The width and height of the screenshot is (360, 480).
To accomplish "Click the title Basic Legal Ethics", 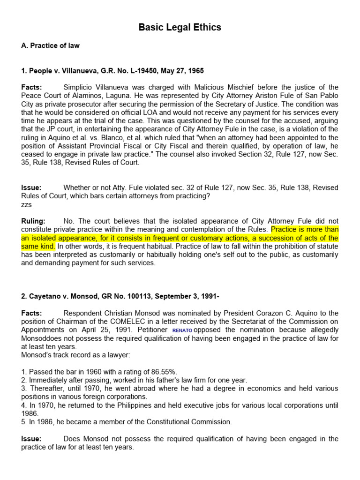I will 180,28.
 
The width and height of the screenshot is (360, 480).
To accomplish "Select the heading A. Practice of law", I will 50,45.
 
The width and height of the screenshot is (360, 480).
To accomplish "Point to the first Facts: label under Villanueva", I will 31,87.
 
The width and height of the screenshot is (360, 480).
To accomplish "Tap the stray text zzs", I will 26,204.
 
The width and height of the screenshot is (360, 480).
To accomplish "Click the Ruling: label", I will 33,221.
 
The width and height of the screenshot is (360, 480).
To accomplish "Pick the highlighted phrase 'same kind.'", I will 38,246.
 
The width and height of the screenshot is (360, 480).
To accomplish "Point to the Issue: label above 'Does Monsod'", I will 31,439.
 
